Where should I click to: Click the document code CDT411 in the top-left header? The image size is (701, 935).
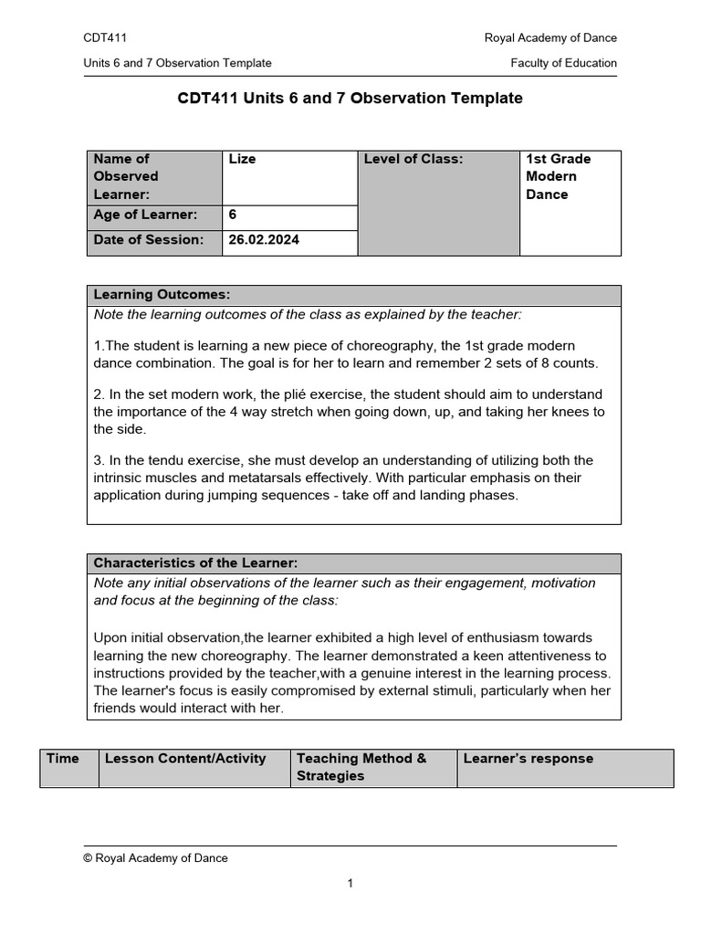pos(105,37)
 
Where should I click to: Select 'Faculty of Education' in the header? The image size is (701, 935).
pos(563,63)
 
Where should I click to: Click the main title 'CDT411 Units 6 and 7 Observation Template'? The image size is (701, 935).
pos(350,99)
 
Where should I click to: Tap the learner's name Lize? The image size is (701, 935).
pos(242,159)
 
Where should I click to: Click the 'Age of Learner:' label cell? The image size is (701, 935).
pos(145,215)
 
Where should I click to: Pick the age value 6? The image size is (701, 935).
pos(233,215)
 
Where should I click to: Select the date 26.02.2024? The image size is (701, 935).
pos(264,240)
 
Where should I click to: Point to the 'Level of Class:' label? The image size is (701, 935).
pos(413,159)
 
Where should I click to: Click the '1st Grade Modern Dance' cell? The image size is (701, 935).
pos(558,176)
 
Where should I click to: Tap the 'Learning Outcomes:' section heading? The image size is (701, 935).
pos(162,295)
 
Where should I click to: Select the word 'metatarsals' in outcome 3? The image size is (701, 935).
pos(350,478)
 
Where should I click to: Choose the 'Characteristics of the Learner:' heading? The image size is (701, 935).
pos(195,563)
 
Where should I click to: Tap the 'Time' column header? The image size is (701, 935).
pos(63,759)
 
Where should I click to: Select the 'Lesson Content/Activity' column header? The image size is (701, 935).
pos(185,759)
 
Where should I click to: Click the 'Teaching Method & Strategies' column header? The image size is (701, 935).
pos(361,767)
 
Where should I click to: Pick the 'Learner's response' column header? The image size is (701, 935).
pos(528,759)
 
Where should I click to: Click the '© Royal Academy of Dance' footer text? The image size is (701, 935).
pos(155,858)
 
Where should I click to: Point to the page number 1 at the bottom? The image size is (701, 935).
pos(350,883)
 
